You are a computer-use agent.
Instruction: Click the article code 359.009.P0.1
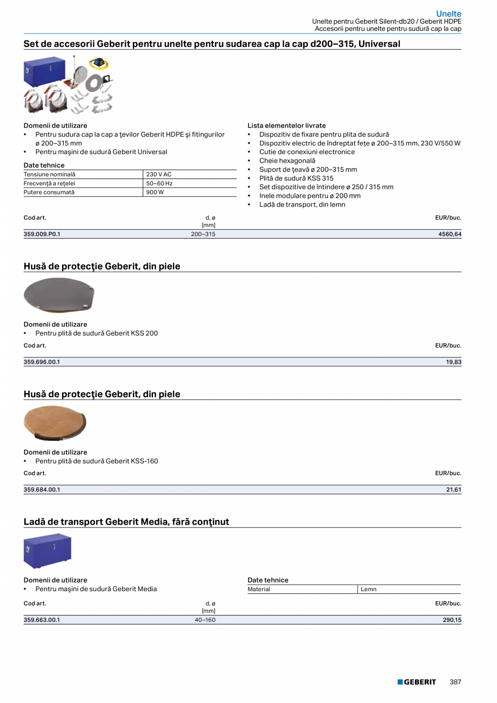42,235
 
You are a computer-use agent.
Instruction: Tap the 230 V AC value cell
159,175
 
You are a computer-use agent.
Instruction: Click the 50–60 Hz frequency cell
159,184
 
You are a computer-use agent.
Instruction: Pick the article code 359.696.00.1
42,362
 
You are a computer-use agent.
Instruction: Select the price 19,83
454,362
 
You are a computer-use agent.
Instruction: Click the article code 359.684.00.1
42,490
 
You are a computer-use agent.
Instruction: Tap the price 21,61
454,490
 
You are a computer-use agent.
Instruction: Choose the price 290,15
452,620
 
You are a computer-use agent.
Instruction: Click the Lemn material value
369,590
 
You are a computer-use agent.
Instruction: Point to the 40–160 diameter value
205,620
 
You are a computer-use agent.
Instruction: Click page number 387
455,682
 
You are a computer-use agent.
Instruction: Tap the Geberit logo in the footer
417,682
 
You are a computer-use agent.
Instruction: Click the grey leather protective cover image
59,294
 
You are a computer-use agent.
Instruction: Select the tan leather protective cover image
55,423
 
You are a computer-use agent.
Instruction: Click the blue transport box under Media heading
48,550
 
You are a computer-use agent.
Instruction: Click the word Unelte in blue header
448,14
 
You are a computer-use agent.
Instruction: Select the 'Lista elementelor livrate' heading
286,125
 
